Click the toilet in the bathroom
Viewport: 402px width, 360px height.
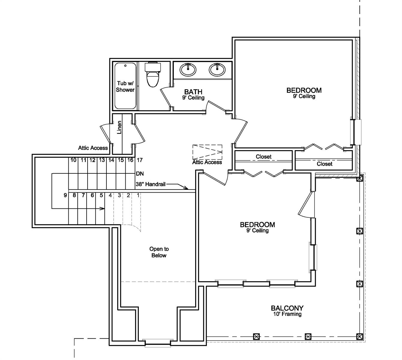point(153,75)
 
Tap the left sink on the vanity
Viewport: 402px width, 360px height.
point(188,70)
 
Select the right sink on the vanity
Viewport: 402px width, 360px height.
point(217,70)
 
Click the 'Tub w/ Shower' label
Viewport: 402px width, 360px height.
point(125,86)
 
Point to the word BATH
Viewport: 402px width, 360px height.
point(193,92)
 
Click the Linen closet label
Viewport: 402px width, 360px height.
point(119,127)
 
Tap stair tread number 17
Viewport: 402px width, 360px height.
point(140,160)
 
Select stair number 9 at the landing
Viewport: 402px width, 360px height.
point(65,195)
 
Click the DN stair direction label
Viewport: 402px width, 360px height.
point(140,173)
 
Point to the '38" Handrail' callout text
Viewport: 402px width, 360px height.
point(150,184)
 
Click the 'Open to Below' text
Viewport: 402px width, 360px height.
point(159,252)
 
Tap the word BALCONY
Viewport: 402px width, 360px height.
point(287,308)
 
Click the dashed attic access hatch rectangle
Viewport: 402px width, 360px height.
point(207,152)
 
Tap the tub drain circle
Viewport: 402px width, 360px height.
point(125,65)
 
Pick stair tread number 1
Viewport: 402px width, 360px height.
point(138,195)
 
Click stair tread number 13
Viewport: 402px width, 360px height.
point(102,160)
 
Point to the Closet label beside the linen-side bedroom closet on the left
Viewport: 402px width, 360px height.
point(264,157)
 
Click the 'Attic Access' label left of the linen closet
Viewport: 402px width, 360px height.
point(93,148)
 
